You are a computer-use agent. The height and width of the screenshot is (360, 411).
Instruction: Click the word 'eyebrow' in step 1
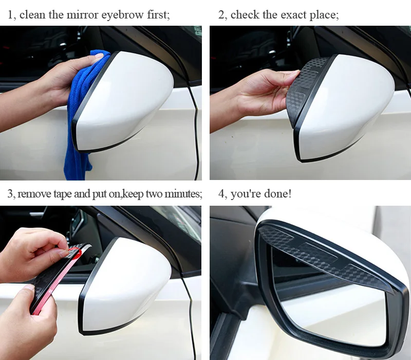(x=122, y=15)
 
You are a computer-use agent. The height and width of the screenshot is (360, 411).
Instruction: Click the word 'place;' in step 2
(x=324, y=15)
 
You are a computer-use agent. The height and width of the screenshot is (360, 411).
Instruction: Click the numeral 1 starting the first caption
(x=10, y=15)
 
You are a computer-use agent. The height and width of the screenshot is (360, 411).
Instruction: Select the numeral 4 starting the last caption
(x=221, y=194)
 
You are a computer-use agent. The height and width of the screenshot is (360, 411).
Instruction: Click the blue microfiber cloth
(x=79, y=115)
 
